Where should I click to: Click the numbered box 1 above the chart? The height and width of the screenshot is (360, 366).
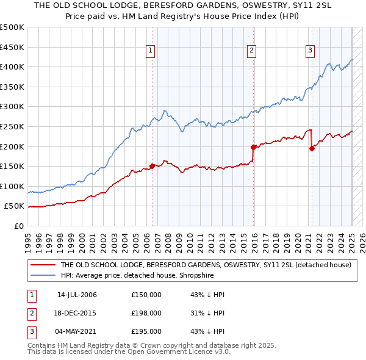pyautogui.click(x=150, y=51)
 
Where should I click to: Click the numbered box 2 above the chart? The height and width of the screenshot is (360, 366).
pyautogui.click(x=251, y=51)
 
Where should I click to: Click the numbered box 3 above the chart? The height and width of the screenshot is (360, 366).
pyautogui.click(x=310, y=51)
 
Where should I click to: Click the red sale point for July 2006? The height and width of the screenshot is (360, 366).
pyautogui.click(x=152, y=166)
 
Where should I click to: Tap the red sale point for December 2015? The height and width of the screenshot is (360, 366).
pyautogui.click(x=253, y=147)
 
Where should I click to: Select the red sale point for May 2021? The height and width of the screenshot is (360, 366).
pyautogui.click(x=312, y=148)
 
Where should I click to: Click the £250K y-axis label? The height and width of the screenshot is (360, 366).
pyautogui.click(x=12, y=126)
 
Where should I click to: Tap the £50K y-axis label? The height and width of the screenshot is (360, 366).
pyautogui.click(x=14, y=206)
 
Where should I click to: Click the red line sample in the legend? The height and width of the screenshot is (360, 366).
pyautogui.click(x=42, y=265)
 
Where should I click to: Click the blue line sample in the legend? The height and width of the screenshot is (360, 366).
pyautogui.click(x=42, y=276)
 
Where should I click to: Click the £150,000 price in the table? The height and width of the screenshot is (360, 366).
pyautogui.click(x=146, y=295)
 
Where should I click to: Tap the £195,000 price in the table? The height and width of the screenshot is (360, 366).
pyautogui.click(x=146, y=331)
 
